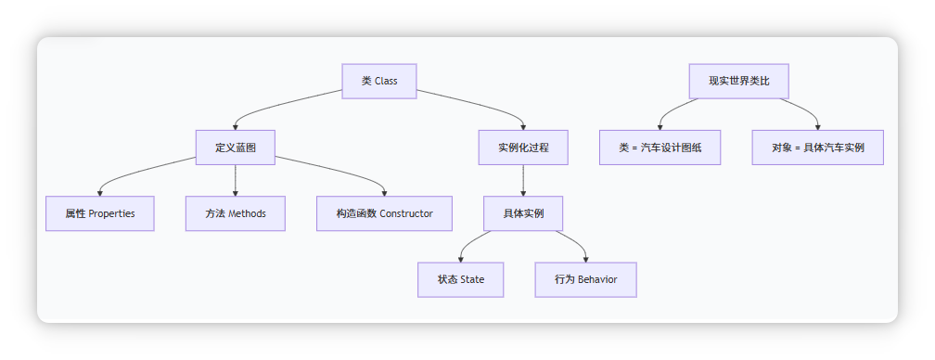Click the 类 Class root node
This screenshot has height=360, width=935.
[378, 81]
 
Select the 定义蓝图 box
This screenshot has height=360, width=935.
[235, 148]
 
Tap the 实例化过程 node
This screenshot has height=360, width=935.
[523, 148]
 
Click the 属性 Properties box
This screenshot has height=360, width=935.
[100, 213]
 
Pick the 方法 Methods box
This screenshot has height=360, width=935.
[235, 213]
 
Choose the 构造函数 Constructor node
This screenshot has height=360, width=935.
[384, 213]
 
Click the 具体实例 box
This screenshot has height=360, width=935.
[523, 213]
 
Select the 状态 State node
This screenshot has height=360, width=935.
[460, 279]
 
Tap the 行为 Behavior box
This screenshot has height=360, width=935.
[586, 279]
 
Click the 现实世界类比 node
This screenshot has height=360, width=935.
[739, 81]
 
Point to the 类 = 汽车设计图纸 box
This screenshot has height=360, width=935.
[660, 148]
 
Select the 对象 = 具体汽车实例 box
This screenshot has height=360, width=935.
[818, 148]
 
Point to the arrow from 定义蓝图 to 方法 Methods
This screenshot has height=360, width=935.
[235, 181]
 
